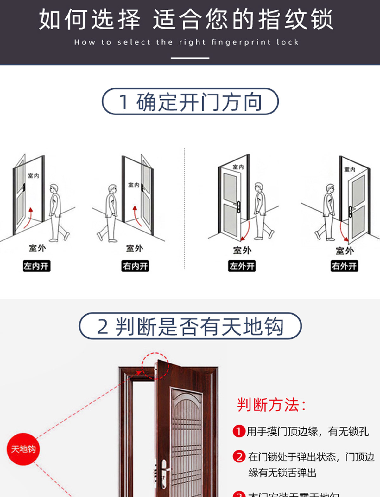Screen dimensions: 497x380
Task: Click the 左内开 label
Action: pos(36,266)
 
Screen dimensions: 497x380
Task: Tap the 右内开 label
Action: pos(135,266)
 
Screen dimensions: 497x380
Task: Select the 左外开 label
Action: pos(242,266)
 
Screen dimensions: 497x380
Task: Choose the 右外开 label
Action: pos(345,266)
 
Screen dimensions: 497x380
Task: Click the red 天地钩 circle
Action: pos(23,449)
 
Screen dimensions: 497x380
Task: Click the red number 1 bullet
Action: pos(239,431)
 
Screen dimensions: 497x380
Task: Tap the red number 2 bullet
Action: pos(239,457)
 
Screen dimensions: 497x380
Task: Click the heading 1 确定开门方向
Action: pos(190,102)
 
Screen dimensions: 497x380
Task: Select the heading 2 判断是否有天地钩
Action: pos(190,326)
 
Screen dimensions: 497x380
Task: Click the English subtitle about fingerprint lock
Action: pos(187,42)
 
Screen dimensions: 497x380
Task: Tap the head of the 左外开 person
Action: pos(259,187)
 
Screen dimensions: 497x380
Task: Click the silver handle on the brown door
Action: pos(164,473)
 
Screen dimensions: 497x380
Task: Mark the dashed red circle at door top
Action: pos(155,366)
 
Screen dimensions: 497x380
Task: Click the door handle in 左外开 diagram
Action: pos(238,206)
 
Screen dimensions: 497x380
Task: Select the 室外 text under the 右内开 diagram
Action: pos(135,248)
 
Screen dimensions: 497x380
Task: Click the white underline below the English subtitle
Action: pos(190,58)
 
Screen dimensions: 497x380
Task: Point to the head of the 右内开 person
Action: pos(112,189)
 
